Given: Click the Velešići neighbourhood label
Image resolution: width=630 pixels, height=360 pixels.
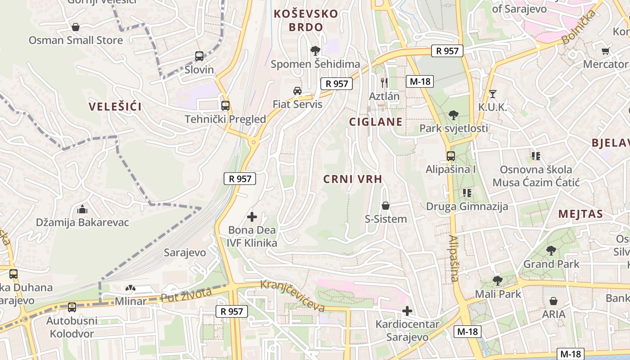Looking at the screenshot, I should (115, 107).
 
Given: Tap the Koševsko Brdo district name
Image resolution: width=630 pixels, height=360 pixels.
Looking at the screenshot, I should (306, 20).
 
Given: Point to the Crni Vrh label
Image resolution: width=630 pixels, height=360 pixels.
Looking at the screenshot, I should (353, 179).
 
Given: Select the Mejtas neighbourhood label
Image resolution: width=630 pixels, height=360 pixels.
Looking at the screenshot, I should (580, 214).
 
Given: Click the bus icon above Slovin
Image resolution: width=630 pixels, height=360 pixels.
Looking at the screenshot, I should (199, 56).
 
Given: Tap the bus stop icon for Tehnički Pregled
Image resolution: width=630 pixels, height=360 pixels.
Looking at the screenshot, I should (225, 106).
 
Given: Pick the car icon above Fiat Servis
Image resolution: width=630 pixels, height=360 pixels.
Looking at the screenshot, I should (297, 91).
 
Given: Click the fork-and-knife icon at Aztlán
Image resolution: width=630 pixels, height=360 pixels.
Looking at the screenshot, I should (384, 82).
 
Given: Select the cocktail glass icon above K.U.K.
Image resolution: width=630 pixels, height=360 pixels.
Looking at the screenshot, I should (493, 94).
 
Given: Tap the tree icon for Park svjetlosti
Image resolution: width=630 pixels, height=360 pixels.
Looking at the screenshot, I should (454, 115).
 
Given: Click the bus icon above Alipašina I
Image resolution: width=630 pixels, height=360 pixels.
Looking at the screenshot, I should (451, 156).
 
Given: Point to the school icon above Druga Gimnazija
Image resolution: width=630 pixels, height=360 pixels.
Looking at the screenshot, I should (467, 193).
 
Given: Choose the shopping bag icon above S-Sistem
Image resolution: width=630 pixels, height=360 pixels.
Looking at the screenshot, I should (386, 206).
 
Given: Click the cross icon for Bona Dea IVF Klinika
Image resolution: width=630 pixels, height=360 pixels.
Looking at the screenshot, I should (252, 217).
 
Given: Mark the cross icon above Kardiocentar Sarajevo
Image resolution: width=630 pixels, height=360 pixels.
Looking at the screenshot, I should (407, 311).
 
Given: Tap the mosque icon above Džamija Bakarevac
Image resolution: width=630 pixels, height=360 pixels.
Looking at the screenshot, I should (82, 209).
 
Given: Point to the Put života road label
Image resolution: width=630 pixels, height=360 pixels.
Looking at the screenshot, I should (186, 295).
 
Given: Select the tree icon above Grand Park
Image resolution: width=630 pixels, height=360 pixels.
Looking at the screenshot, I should (551, 251).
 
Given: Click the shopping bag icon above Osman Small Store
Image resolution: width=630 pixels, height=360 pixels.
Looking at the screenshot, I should (76, 27).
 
